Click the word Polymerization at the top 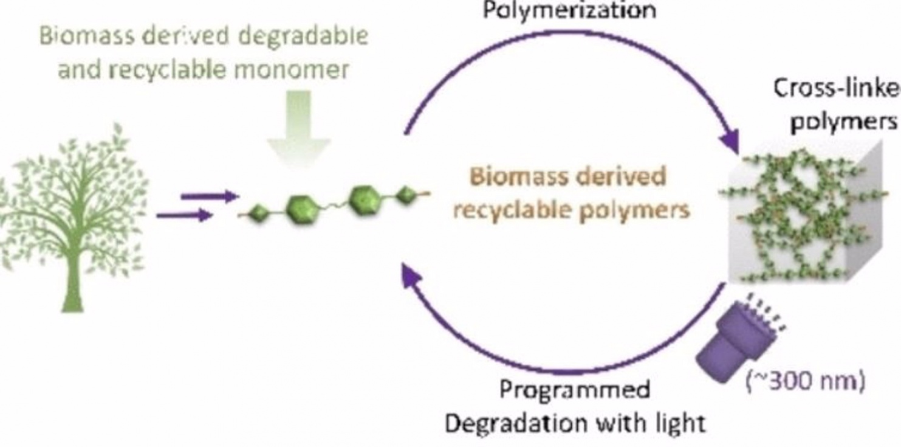click(569, 10)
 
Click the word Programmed click(575, 390)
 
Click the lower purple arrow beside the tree click(185, 215)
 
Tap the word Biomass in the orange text click(512, 178)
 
